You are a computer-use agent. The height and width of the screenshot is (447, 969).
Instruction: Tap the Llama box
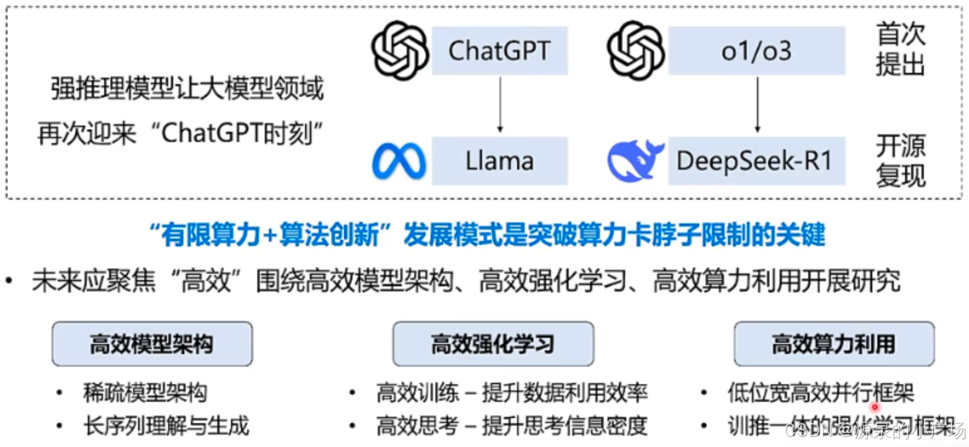click(x=500, y=161)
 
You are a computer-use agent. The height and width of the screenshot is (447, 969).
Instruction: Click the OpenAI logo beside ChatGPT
click(x=400, y=51)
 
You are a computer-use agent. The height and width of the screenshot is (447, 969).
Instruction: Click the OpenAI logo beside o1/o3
click(x=636, y=51)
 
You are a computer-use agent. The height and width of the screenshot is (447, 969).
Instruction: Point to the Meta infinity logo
click(x=399, y=161)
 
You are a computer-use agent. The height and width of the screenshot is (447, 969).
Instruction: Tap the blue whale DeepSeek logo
click(x=635, y=161)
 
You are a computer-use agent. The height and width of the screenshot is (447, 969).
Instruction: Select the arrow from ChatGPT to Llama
click(x=500, y=104)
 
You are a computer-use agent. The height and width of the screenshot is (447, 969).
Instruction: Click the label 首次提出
click(x=901, y=50)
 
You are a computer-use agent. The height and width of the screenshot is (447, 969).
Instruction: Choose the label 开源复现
click(x=901, y=161)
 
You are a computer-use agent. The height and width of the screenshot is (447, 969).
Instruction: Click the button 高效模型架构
click(x=152, y=344)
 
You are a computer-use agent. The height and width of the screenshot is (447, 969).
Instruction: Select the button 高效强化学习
click(x=493, y=344)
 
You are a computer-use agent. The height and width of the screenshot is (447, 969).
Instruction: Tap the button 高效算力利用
click(x=834, y=344)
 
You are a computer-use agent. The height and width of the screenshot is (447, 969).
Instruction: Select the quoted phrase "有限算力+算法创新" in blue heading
click(x=272, y=236)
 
